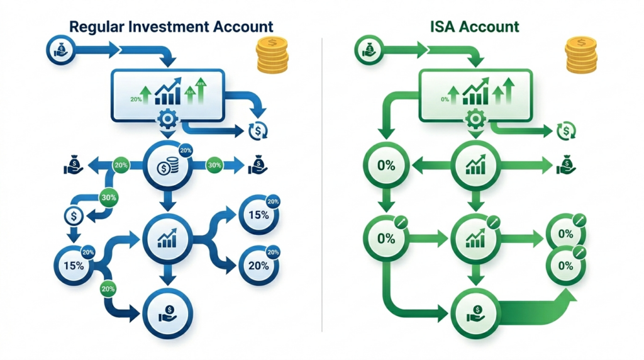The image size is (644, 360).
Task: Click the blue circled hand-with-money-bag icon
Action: click(60, 49)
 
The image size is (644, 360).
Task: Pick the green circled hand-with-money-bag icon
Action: click(369, 49)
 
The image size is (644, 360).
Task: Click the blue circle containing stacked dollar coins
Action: click(167, 167)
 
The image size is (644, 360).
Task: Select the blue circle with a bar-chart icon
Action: click(167, 237)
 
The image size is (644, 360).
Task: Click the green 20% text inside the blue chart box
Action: click(136, 99)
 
